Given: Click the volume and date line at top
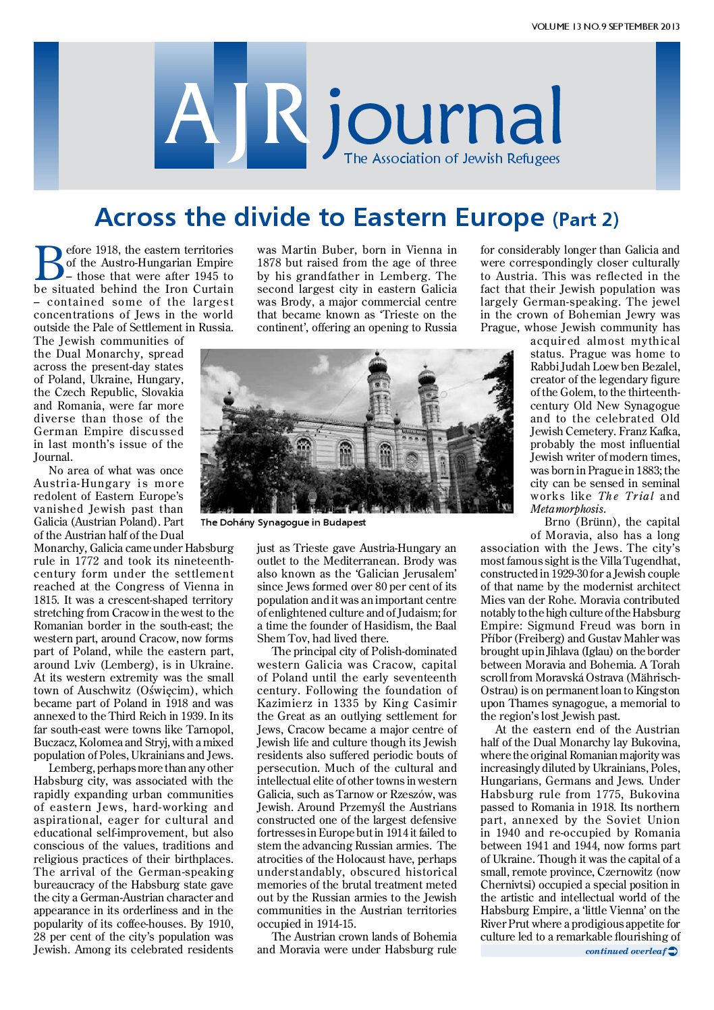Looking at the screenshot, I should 605,27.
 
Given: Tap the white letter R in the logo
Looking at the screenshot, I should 281,115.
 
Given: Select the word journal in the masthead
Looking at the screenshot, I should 443,122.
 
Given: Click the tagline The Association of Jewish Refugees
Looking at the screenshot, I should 451,159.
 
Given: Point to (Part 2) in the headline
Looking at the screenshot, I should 585,219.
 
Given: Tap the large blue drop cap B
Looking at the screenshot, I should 49,263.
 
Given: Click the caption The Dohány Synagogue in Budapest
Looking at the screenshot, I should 283,522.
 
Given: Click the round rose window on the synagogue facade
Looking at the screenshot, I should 411,461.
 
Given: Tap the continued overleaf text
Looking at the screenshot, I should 625,951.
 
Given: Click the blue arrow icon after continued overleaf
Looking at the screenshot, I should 672,951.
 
